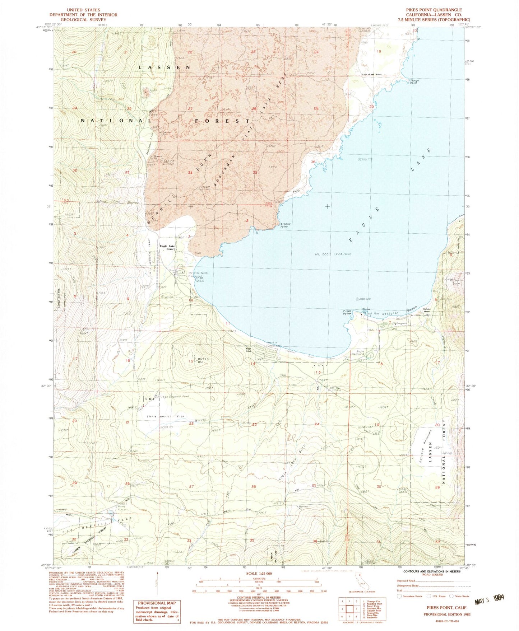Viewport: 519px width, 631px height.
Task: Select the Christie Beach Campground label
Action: [x=198, y=275]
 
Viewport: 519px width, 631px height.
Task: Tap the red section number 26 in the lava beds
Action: [x=254, y=109]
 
